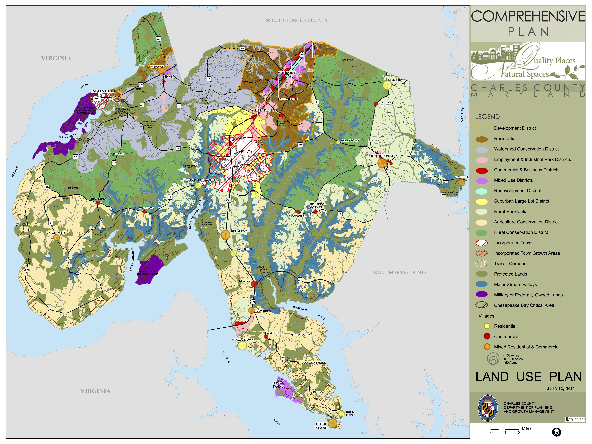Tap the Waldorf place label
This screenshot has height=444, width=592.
point(287,73)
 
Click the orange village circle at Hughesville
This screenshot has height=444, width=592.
point(382,163)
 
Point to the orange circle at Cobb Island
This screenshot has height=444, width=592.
point(332,423)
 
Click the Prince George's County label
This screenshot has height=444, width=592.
point(296,20)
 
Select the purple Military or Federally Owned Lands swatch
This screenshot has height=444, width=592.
point(481,295)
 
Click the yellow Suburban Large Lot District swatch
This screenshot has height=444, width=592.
point(481,201)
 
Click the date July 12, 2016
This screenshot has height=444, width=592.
point(561,389)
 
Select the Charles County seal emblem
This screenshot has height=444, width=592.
point(488,408)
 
